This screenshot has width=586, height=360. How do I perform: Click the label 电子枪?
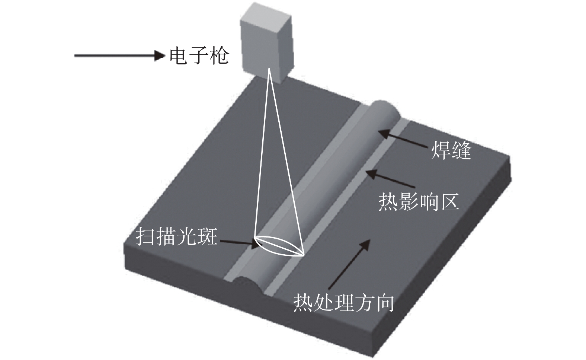pos(199,56)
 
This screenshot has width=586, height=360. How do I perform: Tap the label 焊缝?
pos(451,151)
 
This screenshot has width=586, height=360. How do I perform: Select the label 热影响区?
pos(418,202)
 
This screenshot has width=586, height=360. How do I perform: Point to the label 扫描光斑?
pos(176,236)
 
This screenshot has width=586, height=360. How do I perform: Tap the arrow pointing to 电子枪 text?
pos(119,56)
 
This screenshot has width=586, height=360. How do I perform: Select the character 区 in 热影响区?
pos(449,202)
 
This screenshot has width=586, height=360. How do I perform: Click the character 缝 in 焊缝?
pos(461,151)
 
